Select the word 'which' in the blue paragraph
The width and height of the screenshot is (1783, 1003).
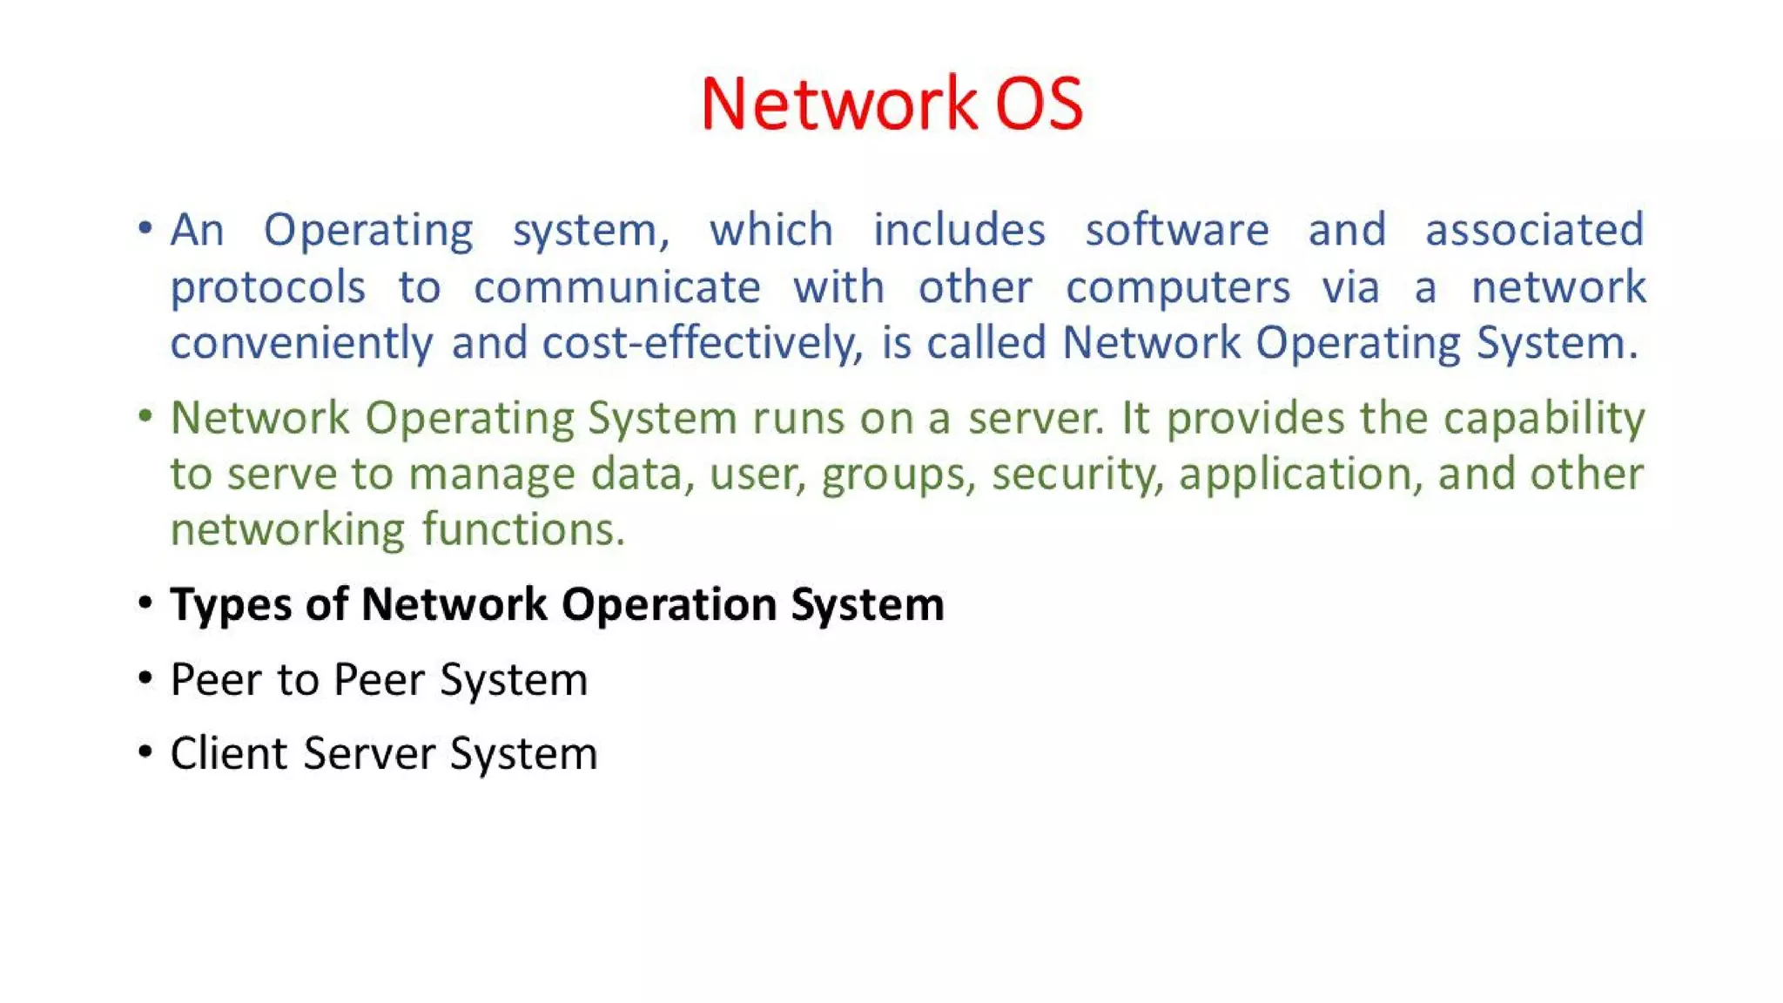tap(771, 231)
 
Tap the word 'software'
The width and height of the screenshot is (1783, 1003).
tap(1177, 231)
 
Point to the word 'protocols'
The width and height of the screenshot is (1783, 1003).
tap(267, 288)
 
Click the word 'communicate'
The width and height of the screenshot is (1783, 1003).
tap(617, 288)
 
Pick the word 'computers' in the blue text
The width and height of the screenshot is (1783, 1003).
tap(1177, 288)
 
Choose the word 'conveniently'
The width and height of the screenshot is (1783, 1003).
tap(301, 343)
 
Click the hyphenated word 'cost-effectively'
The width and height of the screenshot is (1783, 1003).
tap(702, 343)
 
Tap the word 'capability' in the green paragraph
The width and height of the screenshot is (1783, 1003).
tap(1544, 419)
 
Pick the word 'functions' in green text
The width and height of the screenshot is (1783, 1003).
tap(523, 530)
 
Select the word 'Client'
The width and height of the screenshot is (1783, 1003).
tap(229, 754)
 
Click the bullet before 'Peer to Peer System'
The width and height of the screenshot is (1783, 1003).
tap(145, 677)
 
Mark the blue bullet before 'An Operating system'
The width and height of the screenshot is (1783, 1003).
tap(145, 228)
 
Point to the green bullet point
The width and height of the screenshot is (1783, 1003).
tap(145, 415)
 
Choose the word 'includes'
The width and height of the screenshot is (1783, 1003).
tap(959, 231)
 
